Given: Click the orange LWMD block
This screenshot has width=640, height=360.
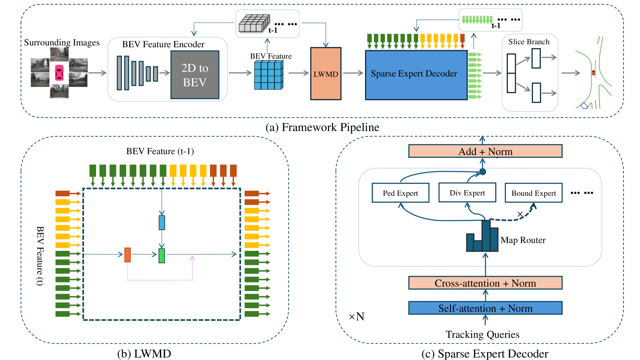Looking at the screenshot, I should [x=325, y=74].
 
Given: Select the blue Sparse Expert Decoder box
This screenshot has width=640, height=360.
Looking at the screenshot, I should [x=416, y=75].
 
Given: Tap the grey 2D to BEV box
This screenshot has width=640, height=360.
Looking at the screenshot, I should [x=195, y=75].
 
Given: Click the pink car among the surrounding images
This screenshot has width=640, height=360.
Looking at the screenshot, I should [x=59, y=73].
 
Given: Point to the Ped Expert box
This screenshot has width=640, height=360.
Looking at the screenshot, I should [x=400, y=193].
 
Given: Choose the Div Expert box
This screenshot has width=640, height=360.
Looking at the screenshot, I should [x=467, y=193].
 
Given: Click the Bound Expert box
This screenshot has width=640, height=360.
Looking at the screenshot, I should [x=533, y=193].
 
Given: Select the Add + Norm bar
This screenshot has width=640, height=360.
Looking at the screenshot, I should [x=485, y=151].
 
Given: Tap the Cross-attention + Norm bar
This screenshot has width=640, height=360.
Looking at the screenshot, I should [x=485, y=283].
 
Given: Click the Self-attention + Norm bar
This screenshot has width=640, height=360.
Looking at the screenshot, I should [x=485, y=308].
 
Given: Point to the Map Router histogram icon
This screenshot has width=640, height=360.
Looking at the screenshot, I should [x=482, y=237].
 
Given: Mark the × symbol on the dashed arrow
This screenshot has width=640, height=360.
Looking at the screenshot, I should [x=520, y=214].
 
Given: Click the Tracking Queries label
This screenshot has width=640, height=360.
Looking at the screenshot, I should [x=482, y=335].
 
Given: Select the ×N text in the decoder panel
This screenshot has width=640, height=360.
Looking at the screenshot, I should [x=357, y=317].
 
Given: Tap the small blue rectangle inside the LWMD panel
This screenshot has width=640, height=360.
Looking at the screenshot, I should [x=162, y=223].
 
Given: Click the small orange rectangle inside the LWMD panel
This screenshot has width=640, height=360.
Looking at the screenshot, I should [x=128, y=255].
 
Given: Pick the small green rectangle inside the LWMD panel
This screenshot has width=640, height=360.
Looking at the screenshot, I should [x=162, y=256].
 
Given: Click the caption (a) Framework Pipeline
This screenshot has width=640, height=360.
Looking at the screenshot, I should [x=322, y=127].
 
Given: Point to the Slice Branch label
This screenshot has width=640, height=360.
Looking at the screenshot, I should [x=529, y=42].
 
